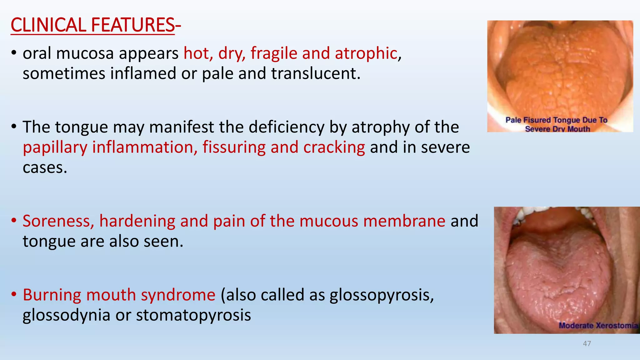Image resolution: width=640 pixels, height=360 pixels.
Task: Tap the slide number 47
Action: [587, 344]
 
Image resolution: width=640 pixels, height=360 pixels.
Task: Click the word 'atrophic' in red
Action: [366, 53]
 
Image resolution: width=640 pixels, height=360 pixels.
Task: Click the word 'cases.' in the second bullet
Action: [45, 168]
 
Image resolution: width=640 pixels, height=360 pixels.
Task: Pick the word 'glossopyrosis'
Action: [381, 295]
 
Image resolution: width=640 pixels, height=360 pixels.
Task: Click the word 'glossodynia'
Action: [66, 315]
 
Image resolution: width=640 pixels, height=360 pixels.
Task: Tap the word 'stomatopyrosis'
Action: [193, 315]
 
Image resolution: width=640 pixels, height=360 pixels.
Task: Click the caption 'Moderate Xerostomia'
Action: [598, 326]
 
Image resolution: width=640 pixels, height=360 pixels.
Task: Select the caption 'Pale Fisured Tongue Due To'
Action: [556, 120]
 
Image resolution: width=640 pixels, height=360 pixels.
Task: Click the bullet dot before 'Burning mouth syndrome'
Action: [14, 295]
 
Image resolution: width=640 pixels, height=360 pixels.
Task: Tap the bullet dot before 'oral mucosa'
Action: [14, 53]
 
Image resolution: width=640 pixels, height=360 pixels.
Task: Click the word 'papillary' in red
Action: [55, 147]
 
